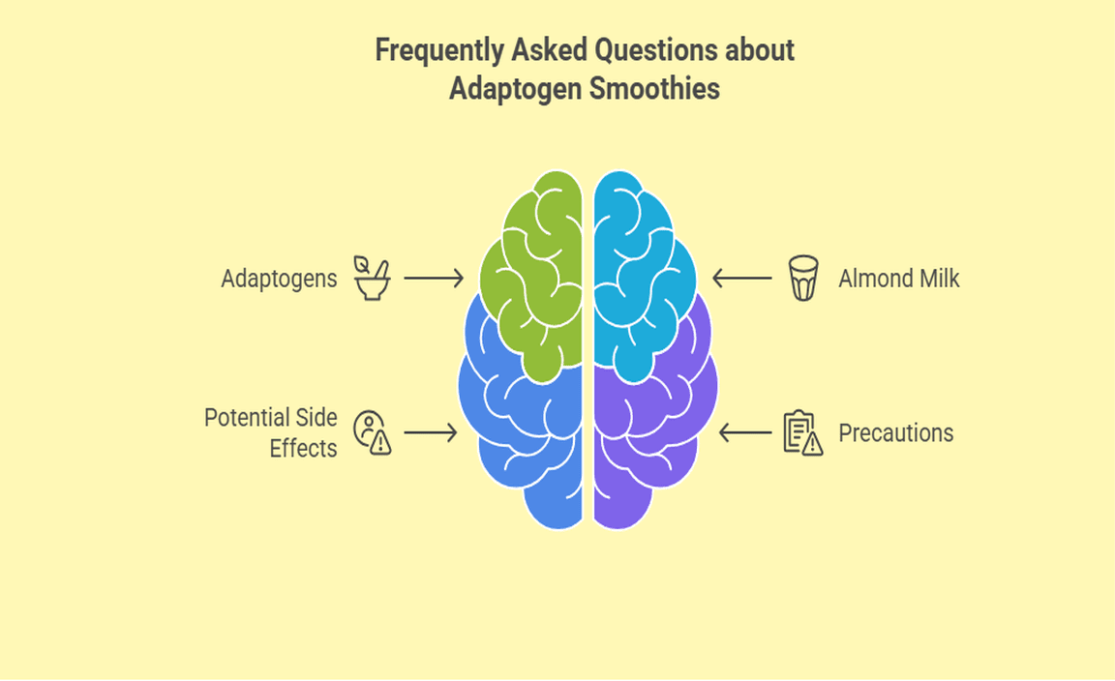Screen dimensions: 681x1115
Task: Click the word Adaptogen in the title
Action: point(509,89)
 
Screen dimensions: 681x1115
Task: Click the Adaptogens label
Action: point(279,279)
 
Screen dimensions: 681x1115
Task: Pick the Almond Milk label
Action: point(898,279)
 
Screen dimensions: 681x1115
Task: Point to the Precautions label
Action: point(895,432)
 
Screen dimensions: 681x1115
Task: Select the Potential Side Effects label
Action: point(271,432)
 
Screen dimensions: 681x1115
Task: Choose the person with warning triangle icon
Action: point(372,432)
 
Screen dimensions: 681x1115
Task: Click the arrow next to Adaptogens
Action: point(434,279)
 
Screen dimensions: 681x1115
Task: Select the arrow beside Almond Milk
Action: point(742,279)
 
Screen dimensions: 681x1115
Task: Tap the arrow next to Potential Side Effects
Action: point(431,432)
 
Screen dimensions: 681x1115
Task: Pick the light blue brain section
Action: point(639,271)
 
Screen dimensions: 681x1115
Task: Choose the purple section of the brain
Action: point(648,426)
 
